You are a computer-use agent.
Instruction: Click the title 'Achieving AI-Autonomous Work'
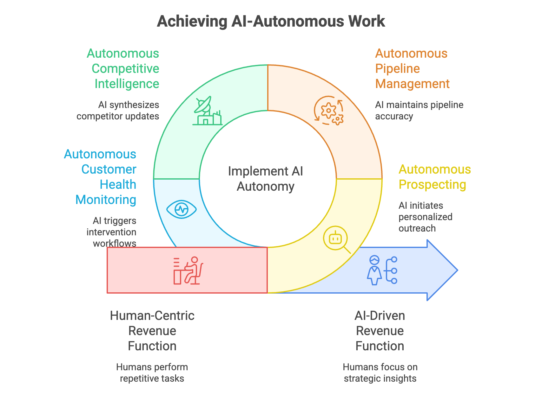click(x=271, y=22)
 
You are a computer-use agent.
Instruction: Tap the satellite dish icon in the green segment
click(x=207, y=111)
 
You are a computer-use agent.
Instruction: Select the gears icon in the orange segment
click(x=329, y=111)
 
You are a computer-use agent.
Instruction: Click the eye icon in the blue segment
click(x=182, y=209)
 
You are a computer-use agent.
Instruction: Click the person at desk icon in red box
click(x=188, y=270)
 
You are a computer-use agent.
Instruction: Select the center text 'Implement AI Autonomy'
click(x=266, y=179)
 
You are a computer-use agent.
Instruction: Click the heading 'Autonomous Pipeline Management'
click(x=412, y=69)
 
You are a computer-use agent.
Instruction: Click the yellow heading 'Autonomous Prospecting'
click(x=434, y=177)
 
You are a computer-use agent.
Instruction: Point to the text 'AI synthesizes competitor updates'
click(x=118, y=111)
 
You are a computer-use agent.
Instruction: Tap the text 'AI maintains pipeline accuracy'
click(x=419, y=111)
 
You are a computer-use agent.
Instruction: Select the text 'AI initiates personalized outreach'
click(x=425, y=217)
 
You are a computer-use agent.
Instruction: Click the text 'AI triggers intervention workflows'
click(x=112, y=232)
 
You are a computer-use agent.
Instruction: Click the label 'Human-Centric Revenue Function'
click(x=152, y=331)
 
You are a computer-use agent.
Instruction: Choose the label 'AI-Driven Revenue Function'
click(x=380, y=331)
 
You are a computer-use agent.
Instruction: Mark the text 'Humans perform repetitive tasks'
click(x=152, y=373)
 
